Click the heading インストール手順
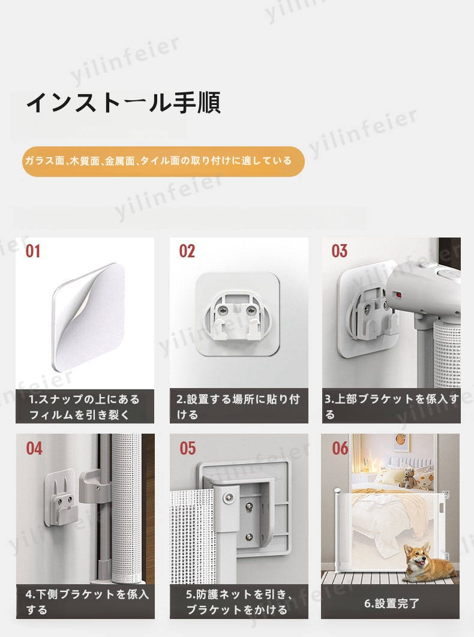point(124,103)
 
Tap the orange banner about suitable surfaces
point(163,161)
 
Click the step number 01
point(33,251)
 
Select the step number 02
point(187,251)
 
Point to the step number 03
point(340,251)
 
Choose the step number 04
point(34,449)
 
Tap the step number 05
point(188,449)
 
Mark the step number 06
point(340,449)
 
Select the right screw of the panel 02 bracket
point(251,311)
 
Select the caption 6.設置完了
point(391,603)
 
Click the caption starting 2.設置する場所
point(238,407)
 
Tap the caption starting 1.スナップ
point(84,407)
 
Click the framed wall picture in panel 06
point(402,443)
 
